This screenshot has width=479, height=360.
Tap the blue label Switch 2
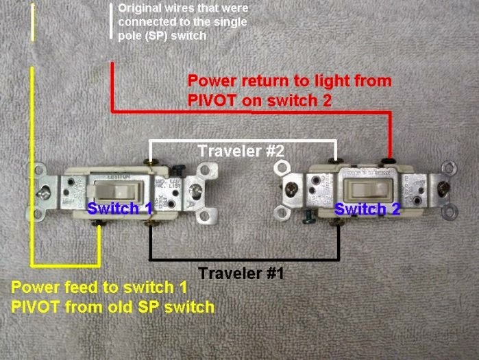coord(367,209)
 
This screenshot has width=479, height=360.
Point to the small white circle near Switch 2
coord(278,167)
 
